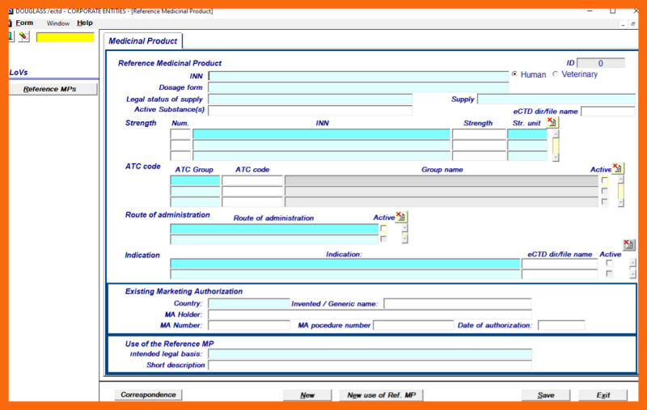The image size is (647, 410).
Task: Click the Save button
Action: [x=546, y=395]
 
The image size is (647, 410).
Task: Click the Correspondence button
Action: [x=148, y=395]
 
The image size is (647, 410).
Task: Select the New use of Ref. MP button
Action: [x=381, y=395]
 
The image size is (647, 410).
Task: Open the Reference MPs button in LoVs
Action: [x=49, y=89]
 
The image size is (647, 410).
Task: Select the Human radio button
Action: [x=514, y=74]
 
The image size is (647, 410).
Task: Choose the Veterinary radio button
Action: [x=555, y=74]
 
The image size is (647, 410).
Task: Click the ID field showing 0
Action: [x=600, y=63]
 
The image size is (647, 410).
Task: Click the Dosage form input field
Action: [x=358, y=87]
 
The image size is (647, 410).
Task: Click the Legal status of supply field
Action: [x=310, y=99]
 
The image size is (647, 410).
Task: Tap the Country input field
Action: [x=247, y=304]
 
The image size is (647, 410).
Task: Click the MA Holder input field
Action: [x=370, y=315]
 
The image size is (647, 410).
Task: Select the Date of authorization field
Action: [x=560, y=326]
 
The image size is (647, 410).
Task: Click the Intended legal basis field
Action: [x=370, y=354]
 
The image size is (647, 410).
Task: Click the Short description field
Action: [x=370, y=366]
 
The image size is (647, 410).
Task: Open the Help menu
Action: [x=85, y=23]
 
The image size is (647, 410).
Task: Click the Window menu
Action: [x=58, y=23]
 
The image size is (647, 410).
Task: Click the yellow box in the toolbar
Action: [x=65, y=37]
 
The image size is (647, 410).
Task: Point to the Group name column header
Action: [x=442, y=170]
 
